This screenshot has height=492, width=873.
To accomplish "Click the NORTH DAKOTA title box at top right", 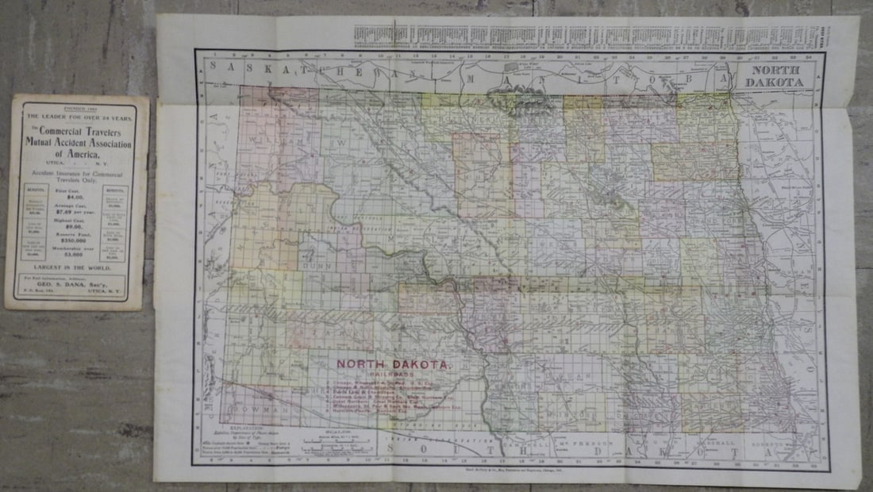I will pyautogui.click(x=775, y=76).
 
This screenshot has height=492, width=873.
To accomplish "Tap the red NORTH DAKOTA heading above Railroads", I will pyautogui.click(x=394, y=364).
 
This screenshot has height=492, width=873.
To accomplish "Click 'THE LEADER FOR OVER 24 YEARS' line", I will pyautogui.click(x=77, y=117).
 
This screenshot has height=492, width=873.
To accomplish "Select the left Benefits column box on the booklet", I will pyautogui.click(x=36, y=225).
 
